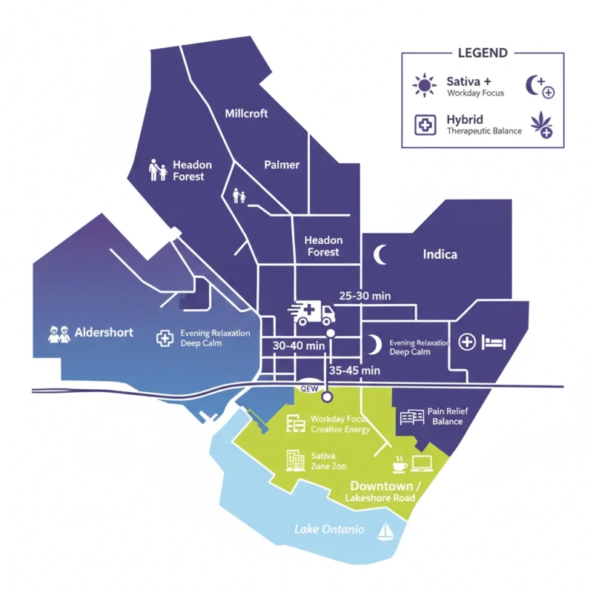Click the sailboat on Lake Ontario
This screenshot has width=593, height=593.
click(x=385, y=531)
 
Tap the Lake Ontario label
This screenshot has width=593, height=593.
click(x=329, y=529)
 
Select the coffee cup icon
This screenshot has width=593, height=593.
click(x=399, y=464)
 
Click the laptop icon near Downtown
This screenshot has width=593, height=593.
click(x=422, y=465)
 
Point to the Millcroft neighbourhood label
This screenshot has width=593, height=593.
click(x=246, y=113)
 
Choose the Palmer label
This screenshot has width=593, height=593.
click(x=282, y=165)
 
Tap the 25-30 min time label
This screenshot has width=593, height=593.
click(x=365, y=296)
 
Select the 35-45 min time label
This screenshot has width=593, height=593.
click(x=354, y=370)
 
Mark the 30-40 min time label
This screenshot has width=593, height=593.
click(x=299, y=345)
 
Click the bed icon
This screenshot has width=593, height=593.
click(x=494, y=342)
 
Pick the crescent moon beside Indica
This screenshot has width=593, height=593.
click(x=380, y=254)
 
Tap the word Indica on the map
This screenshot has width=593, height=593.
click(x=440, y=254)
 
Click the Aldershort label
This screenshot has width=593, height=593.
click(x=104, y=333)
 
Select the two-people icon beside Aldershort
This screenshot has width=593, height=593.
click(x=59, y=334)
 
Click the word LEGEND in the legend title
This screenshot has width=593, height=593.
click(x=483, y=53)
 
